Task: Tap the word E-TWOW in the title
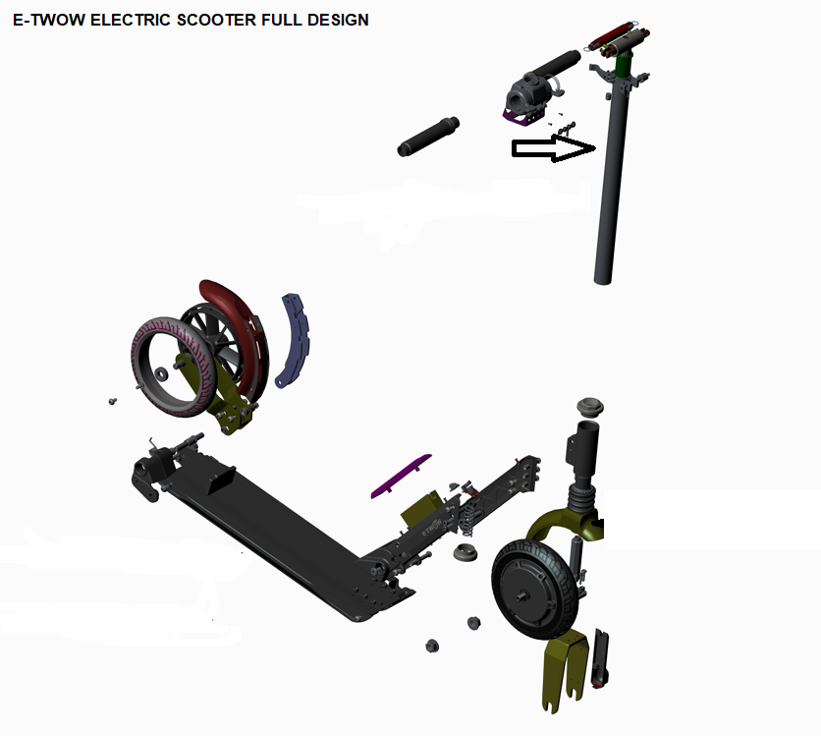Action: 49,20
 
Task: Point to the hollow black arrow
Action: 554,148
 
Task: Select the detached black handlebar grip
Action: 428,137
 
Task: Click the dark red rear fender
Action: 236,335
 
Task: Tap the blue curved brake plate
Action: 294,341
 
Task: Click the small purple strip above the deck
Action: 401,477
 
